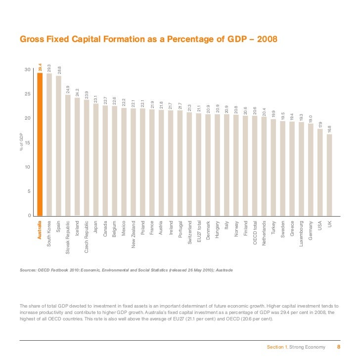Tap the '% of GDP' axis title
point(20,142)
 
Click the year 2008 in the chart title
point(266,39)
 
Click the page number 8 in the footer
point(339,347)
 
